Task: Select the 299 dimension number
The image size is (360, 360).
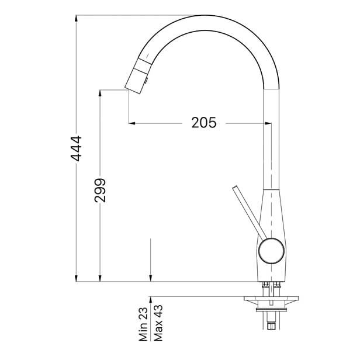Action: (x=100, y=191)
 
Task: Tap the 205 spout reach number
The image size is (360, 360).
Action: (x=203, y=123)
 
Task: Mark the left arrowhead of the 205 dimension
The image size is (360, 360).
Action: (x=131, y=123)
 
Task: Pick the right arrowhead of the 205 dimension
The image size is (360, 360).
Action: (x=269, y=123)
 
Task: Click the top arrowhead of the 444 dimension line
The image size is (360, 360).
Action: (x=77, y=19)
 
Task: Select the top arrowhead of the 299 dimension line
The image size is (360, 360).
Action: (x=101, y=94)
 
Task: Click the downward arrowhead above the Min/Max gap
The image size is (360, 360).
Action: (x=151, y=278)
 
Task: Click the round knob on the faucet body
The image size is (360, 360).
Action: (x=271, y=252)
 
